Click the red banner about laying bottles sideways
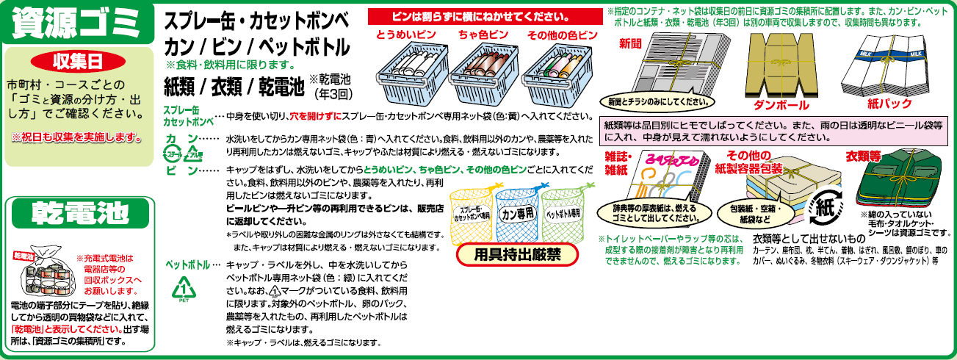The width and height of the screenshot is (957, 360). click(483, 16)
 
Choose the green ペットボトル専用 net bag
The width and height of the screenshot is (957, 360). click(563, 213)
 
